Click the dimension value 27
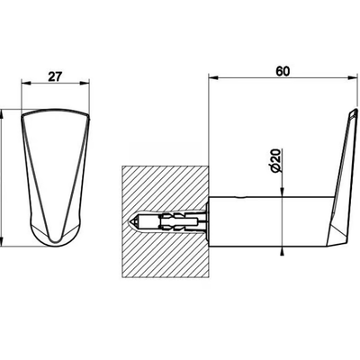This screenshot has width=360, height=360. coord(55,76)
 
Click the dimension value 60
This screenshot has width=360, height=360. coord(283,71)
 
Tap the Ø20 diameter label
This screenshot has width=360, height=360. coord(276,160)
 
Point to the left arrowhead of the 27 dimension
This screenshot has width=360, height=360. coord(26,84)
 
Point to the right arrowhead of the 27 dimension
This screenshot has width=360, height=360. coord(85,84)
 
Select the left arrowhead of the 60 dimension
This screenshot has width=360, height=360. coord(213,78)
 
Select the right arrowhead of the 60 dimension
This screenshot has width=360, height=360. coord(353,78)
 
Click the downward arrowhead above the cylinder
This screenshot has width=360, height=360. coord(282,192)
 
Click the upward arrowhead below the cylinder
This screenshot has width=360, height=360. coord(282,251)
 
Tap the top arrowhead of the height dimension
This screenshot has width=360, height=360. coord(2,114)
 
